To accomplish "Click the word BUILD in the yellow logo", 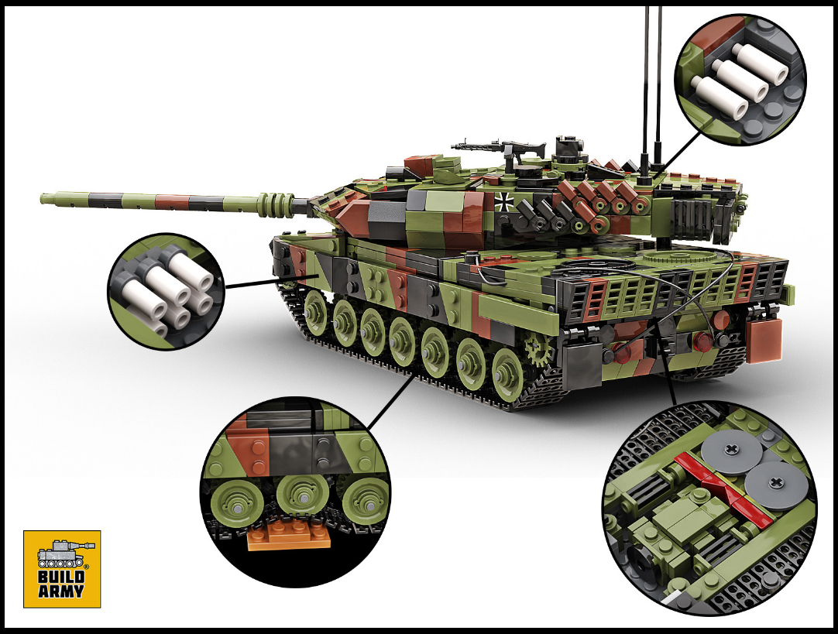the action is click(x=61, y=577).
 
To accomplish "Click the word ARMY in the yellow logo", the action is click(x=61, y=591).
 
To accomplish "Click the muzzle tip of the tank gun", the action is click(x=43, y=199).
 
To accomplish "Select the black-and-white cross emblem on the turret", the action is click(x=503, y=201).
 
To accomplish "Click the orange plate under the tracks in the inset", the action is click(x=289, y=536).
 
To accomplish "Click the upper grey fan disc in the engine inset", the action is click(x=732, y=452).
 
